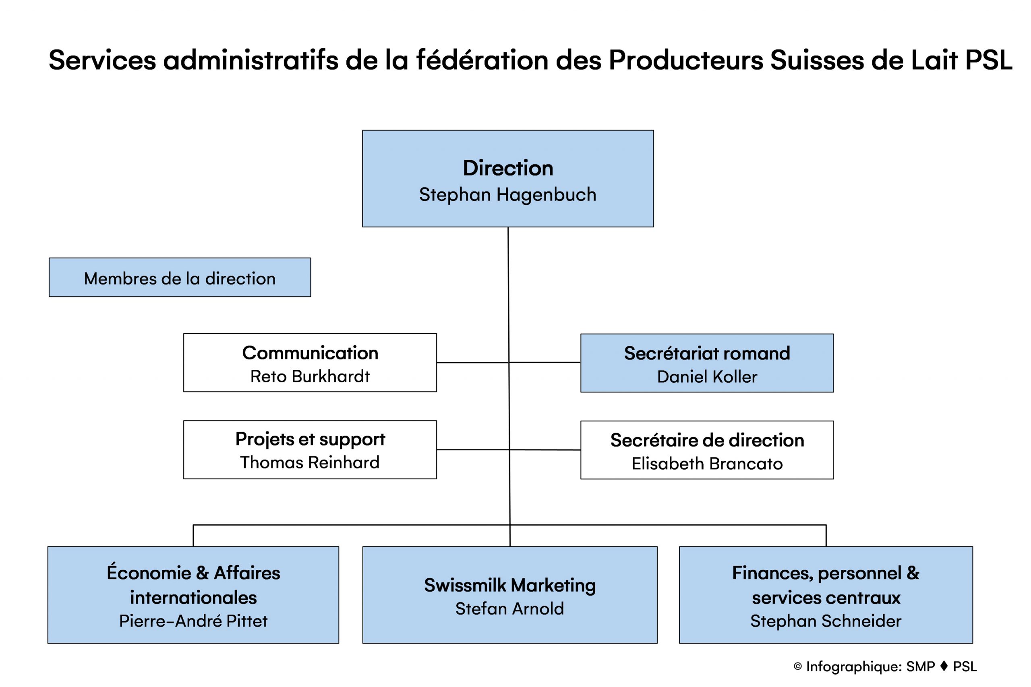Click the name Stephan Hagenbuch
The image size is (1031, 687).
[507, 194]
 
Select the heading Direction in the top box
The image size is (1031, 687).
[508, 168]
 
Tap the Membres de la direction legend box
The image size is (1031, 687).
[180, 277]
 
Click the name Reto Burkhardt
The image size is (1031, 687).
[310, 376]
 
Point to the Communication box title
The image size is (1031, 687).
[310, 353]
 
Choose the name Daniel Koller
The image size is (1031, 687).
[707, 377]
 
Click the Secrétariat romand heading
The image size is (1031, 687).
[707, 353]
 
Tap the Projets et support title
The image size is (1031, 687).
[310, 439]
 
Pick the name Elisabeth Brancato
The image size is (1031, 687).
[707, 464]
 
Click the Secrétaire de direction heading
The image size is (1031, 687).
[707, 440]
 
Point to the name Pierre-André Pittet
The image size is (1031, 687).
[193, 621]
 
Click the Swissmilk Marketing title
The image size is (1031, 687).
[510, 585]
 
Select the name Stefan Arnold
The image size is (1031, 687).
[510, 609]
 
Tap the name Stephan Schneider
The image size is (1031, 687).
[826, 621]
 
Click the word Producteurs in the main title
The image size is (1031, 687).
[686, 60]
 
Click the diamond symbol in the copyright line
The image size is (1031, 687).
[944, 666]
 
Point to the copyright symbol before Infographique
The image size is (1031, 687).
[798, 666]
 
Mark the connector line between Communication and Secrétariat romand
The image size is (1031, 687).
[509, 362]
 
